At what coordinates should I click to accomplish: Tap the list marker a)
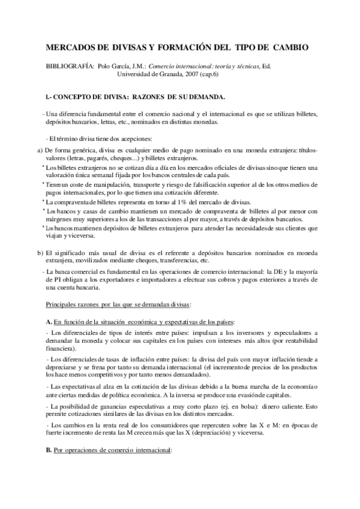point(40,149)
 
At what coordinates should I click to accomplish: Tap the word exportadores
point(123,280)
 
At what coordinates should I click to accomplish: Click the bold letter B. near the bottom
point(49,450)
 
